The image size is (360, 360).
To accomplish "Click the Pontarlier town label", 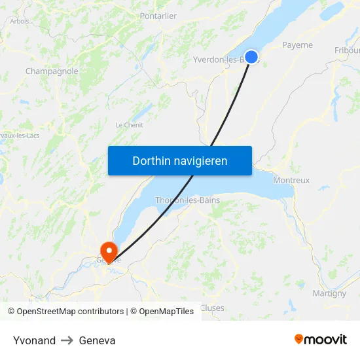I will point(158,16).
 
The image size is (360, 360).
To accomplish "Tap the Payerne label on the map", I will point(297,45).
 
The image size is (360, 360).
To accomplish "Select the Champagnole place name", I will point(52,71).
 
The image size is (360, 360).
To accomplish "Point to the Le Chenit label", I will point(129,125).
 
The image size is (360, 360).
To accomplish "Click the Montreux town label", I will point(291,180).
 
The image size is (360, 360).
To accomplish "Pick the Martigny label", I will point(329,293).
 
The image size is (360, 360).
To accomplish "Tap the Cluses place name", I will point(212,308).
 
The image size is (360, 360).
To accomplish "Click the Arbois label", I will point(20,21).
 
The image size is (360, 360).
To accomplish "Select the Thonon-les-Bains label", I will point(187,200).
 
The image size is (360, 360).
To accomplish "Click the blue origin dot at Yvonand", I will point(251,57).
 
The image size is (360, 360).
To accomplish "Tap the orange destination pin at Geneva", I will point(108,250).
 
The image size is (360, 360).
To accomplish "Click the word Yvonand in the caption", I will point(34,340).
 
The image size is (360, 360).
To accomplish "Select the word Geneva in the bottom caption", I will point(97,340).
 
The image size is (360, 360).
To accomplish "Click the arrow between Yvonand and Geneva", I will point(67,340).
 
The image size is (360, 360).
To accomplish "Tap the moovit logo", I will point(320,339).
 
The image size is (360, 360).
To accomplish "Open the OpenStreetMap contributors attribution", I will point(70,312).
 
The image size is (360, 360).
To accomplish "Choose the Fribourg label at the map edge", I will point(347,50).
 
